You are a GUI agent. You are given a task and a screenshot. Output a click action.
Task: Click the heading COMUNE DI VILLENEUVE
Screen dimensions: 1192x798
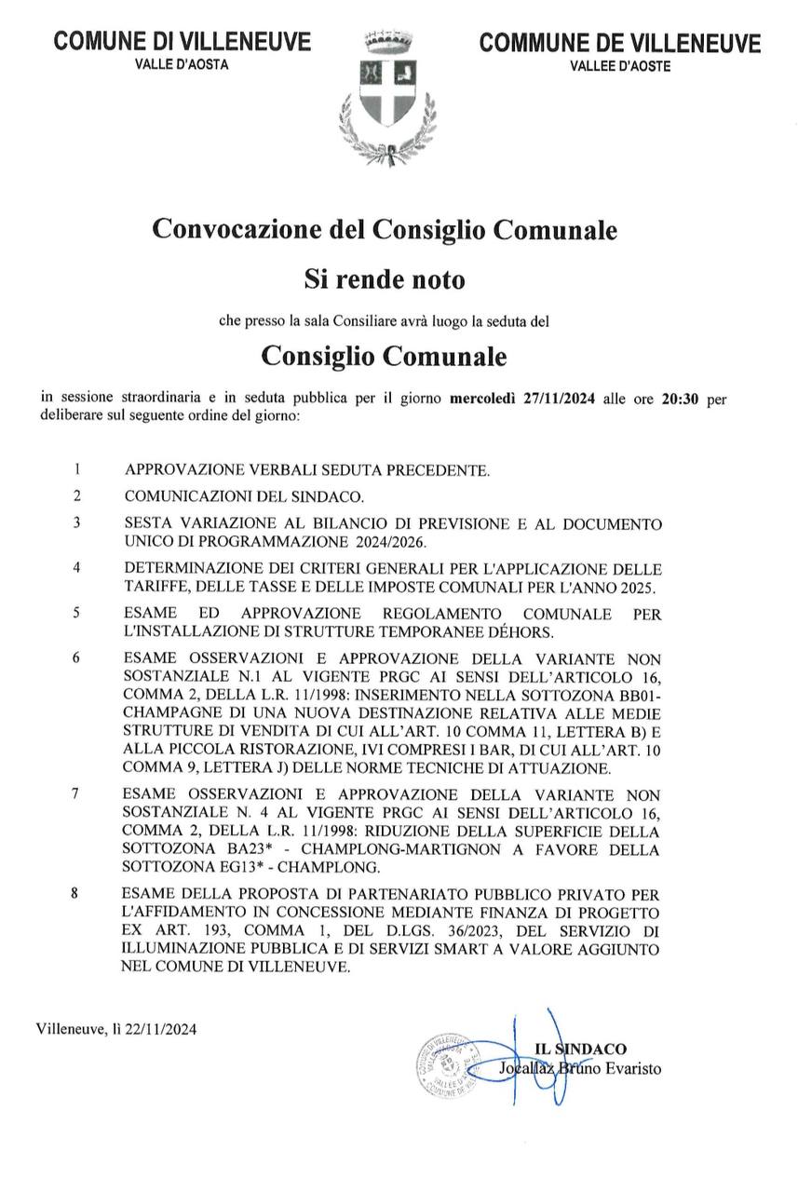[x=183, y=42]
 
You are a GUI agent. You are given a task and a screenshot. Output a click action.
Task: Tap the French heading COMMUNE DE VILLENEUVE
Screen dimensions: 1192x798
[x=619, y=44]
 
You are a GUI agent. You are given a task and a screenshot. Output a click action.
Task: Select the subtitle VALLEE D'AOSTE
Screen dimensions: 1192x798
[x=619, y=66]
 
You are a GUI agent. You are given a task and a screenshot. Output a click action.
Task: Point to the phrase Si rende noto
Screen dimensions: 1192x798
[x=385, y=278]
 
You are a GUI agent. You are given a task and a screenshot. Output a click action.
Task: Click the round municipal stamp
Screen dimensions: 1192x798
[x=450, y=1063]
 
